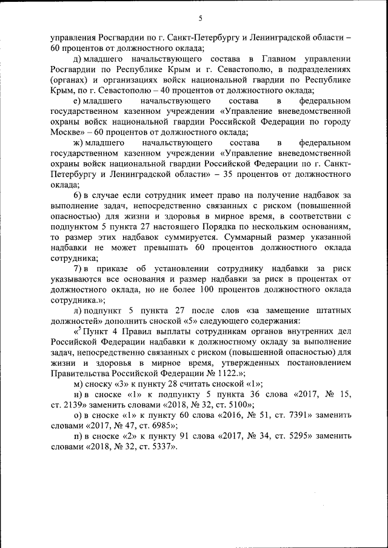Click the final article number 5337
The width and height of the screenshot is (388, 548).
(159, 447)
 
